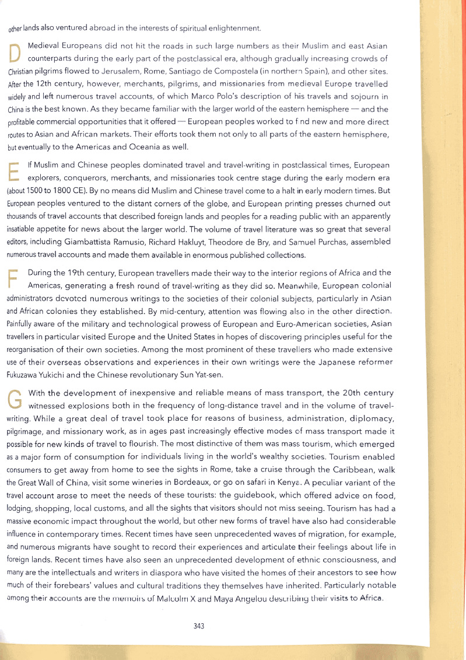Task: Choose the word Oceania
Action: point(143,146)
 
